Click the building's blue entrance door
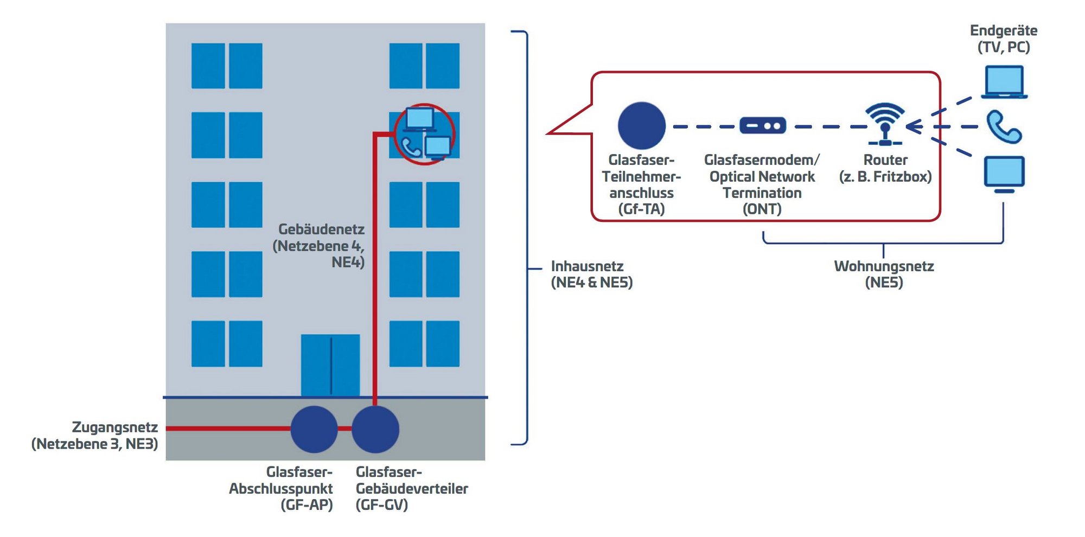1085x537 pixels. [x=330, y=365]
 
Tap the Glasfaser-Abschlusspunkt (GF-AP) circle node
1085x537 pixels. [x=314, y=429]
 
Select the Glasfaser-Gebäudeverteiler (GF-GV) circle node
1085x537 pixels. [x=375, y=429]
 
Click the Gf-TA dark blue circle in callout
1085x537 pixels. [x=641, y=126]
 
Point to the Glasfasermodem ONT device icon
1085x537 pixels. [x=762, y=126]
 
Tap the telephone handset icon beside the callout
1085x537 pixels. [x=1004, y=127]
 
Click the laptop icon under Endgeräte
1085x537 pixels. [x=1004, y=82]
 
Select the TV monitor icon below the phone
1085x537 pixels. [x=1004, y=174]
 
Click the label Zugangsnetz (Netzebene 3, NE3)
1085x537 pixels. [x=95, y=436]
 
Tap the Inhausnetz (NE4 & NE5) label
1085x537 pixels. [x=591, y=274]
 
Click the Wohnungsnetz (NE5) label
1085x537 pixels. [x=884, y=274]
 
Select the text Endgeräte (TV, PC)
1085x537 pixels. [x=1004, y=39]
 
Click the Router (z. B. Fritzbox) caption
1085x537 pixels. [x=885, y=168]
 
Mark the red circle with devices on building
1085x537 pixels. [x=424, y=134]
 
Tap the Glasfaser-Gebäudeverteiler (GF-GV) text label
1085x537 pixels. [x=411, y=488]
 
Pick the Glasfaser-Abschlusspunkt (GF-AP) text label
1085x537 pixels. [x=281, y=488]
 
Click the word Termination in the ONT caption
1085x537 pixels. [x=762, y=193]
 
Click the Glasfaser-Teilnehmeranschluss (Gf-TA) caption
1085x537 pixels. [x=641, y=184]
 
